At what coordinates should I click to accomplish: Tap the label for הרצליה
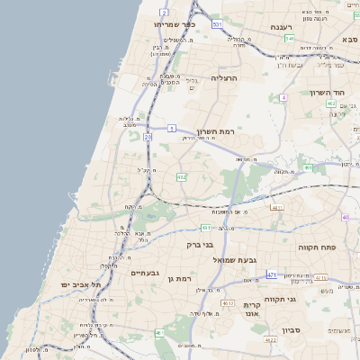229,78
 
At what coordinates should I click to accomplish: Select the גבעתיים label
145,273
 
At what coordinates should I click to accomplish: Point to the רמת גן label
182,279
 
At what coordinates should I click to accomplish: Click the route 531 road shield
217,24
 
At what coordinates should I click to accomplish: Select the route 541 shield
289,39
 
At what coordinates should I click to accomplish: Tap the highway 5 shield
171,129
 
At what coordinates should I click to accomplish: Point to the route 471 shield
272,274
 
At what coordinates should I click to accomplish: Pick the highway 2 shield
164,12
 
